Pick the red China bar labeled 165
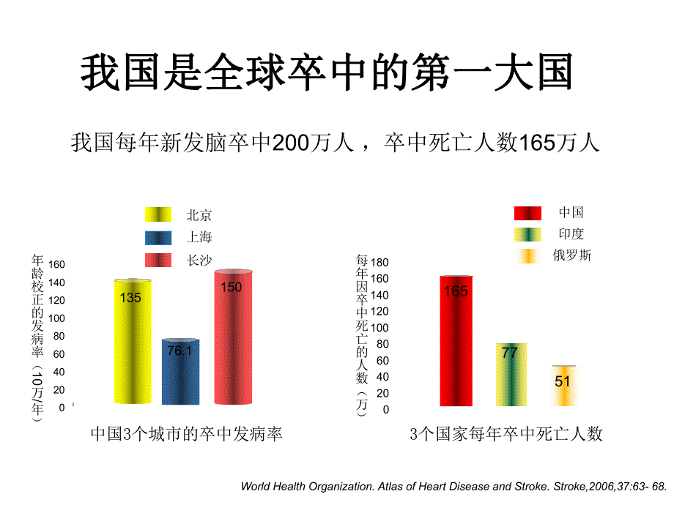point(456,341)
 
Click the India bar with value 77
point(511,375)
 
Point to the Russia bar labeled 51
point(563,386)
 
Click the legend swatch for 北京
point(158,215)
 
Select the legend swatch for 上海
point(158,237)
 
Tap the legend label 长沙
point(199,260)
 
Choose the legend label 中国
point(571,213)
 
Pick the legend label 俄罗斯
point(572,255)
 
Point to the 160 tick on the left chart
point(56,264)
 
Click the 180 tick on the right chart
point(379,262)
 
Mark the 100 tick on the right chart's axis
point(379,328)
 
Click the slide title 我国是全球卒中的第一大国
point(326,72)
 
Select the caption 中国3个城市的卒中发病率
point(186,434)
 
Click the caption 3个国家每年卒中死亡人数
point(506,434)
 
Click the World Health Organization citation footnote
point(454,486)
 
